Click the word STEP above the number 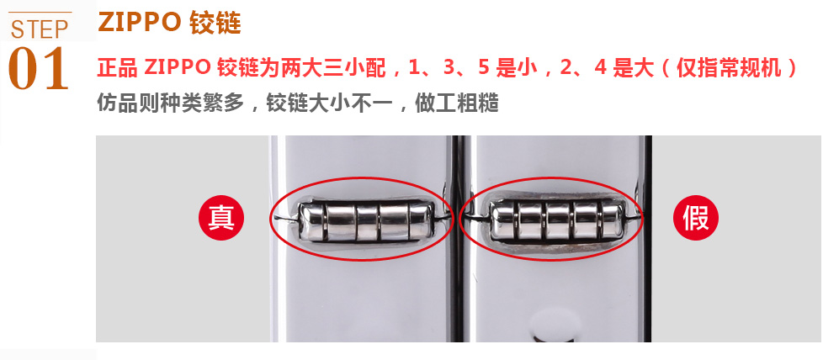click(x=40, y=29)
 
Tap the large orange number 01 click(x=39, y=68)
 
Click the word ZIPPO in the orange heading click(x=140, y=22)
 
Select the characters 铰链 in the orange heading click(x=215, y=23)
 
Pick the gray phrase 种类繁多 click(x=204, y=103)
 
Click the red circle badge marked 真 click(x=221, y=217)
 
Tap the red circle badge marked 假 click(x=696, y=217)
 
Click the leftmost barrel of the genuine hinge click(x=311, y=222)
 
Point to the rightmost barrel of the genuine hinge click(x=421, y=221)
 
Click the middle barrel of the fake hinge click(x=558, y=221)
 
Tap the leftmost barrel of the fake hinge click(x=503, y=221)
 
